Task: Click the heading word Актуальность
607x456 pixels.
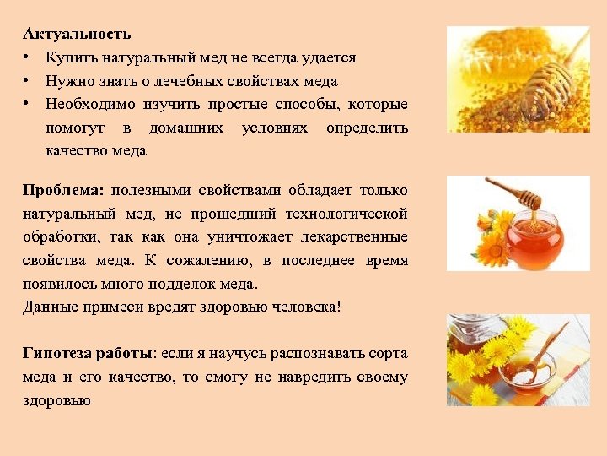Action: (x=77, y=35)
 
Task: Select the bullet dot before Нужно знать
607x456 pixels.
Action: (x=28, y=81)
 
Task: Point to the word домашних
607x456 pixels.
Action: (x=185, y=128)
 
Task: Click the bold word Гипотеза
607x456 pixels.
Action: (x=57, y=353)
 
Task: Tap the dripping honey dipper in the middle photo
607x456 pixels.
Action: (x=516, y=195)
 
